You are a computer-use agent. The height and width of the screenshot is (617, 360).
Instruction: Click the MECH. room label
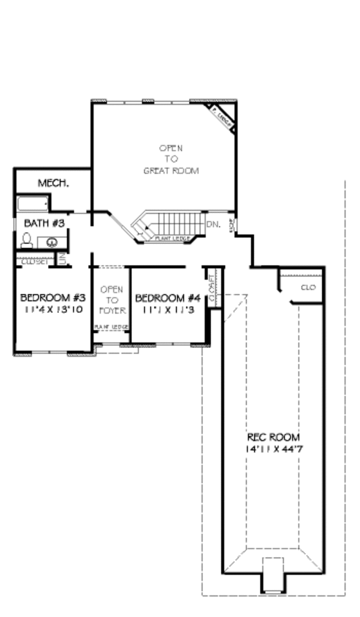click(53, 183)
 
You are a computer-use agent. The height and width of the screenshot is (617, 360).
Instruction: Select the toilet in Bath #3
click(27, 240)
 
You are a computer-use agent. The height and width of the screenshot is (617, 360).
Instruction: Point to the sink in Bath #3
click(52, 242)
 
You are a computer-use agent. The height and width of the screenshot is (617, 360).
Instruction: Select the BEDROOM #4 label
click(167, 298)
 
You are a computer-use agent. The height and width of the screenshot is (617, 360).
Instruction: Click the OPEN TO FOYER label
click(112, 300)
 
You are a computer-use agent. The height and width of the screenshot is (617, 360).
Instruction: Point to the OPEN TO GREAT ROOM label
click(171, 159)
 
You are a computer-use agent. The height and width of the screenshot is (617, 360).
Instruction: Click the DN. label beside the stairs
click(214, 224)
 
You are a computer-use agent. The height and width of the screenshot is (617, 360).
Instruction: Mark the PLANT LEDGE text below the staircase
click(173, 239)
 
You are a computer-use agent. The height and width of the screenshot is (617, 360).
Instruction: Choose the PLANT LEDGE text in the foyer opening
click(111, 327)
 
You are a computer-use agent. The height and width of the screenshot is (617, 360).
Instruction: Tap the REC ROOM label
click(273, 437)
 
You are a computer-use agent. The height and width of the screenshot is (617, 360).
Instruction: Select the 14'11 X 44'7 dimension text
click(273, 449)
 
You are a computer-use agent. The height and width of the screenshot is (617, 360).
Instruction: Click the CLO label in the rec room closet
click(308, 288)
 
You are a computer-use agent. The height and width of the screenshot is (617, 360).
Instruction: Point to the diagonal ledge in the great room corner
click(221, 116)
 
